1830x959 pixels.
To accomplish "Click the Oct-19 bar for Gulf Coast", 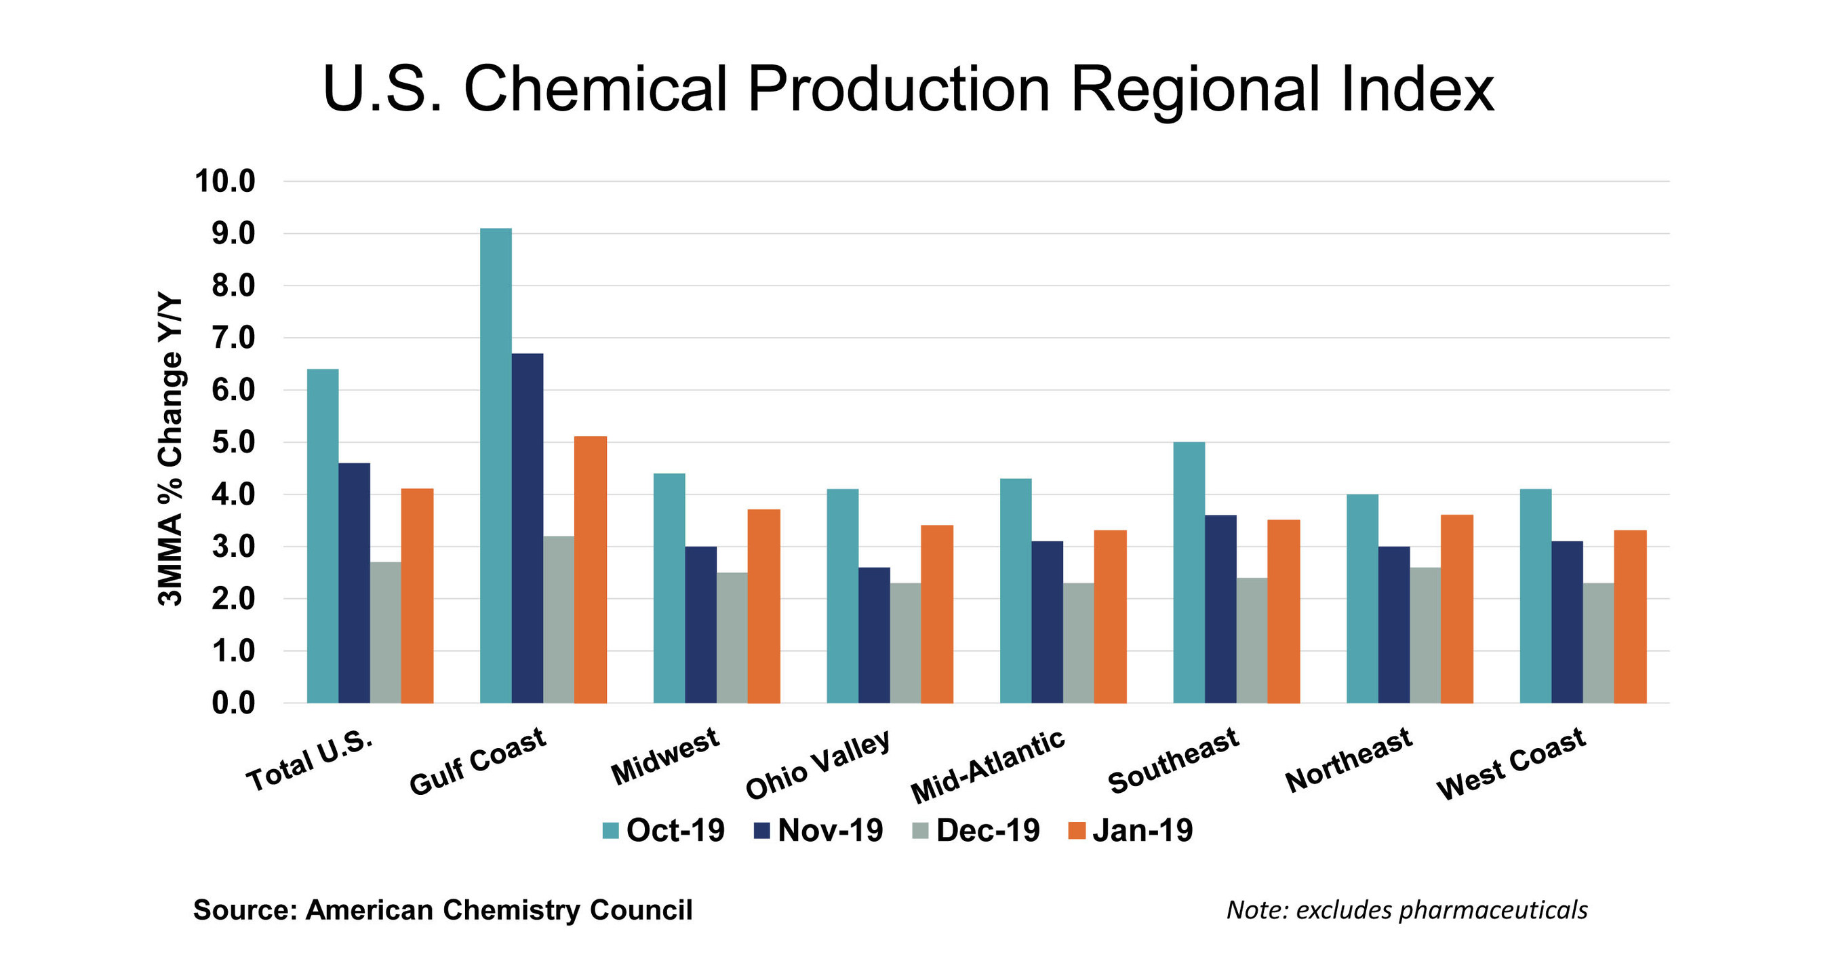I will click(x=496, y=465).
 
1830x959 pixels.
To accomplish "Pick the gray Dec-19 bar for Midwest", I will click(x=732, y=638).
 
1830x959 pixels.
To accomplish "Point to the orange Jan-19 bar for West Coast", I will click(x=1630, y=616).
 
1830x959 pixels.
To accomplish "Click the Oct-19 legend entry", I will click(x=664, y=830).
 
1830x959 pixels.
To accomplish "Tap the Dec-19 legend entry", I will click(x=976, y=830).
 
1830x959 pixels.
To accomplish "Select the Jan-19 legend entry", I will click(x=1131, y=830).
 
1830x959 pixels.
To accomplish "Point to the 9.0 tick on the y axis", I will click(x=234, y=234).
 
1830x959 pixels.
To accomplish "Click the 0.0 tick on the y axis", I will click(x=234, y=703).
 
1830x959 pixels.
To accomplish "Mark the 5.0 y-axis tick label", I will click(x=234, y=443).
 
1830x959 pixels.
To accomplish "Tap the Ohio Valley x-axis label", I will click(x=817, y=764).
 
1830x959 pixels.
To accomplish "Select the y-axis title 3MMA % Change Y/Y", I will click(x=170, y=451).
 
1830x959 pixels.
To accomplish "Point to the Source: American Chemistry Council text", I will click(x=443, y=910).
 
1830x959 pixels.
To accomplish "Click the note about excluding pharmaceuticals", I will click(x=1407, y=910).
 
